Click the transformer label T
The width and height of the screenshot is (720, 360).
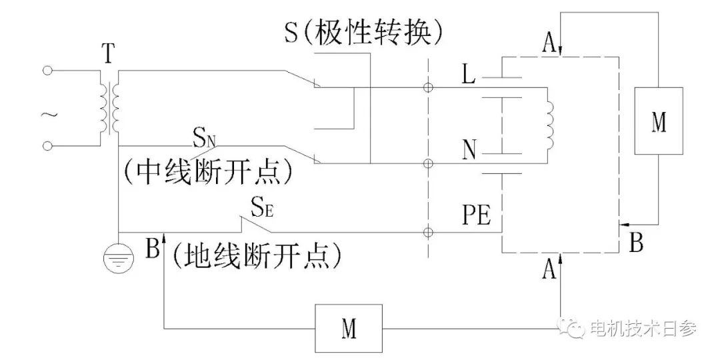pyautogui.click(x=108, y=53)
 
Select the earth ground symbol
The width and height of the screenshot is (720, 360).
pyautogui.click(x=117, y=259)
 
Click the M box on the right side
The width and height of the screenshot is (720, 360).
pyautogui.click(x=658, y=121)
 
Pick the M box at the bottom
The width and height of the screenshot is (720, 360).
pyautogui.click(x=349, y=328)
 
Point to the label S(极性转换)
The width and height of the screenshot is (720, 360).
pyautogui.click(x=364, y=31)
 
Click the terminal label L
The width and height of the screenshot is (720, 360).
pyautogui.click(x=469, y=75)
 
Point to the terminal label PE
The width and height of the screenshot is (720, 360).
pyautogui.click(x=475, y=217)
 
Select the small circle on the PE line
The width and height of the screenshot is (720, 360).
pyautogui.click(x=428, y=232)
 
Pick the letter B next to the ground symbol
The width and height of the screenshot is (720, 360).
pyautogui.click(x=152, y=249)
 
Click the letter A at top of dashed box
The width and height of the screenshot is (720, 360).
pyautogui.click(x=549, y=45)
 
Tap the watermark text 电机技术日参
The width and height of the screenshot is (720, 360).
pyautogui.click(x=643, y=327)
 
